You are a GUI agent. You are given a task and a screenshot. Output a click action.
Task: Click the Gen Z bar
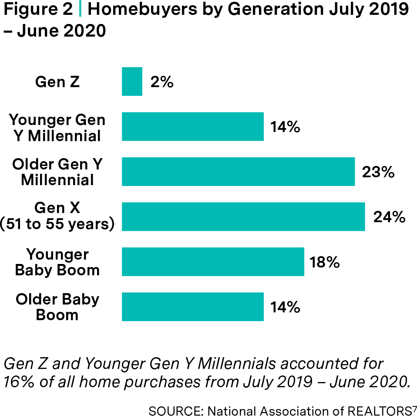point(132,81)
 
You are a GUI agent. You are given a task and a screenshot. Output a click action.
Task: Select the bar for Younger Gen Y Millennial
point(192,126)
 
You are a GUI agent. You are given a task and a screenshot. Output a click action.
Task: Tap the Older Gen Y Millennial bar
point(238,172)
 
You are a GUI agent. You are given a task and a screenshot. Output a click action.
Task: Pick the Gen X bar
point(243,216)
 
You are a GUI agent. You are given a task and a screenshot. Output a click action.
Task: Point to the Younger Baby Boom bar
point(212,262)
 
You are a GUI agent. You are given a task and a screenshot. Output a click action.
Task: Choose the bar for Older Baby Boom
point(192,307)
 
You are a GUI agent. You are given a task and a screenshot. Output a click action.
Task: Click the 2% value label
point(161,82)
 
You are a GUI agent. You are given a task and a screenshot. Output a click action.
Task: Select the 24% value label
point(389,216)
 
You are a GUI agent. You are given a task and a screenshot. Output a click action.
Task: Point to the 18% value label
point(324,262)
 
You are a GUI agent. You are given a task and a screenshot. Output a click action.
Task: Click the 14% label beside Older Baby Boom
point(285,307)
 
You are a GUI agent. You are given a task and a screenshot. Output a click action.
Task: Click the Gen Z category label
point(57,82)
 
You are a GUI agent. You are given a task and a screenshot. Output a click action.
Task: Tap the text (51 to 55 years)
point(57,224)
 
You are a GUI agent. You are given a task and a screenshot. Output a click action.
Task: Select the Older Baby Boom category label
point(57,307)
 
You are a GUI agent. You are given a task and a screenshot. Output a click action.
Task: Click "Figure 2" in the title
point(37,10)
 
